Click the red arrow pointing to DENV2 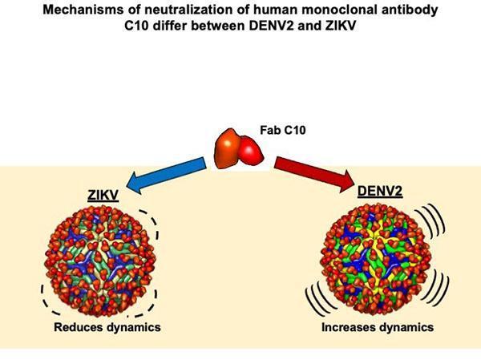pos(313,175)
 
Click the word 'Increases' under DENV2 pos(348,327)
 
